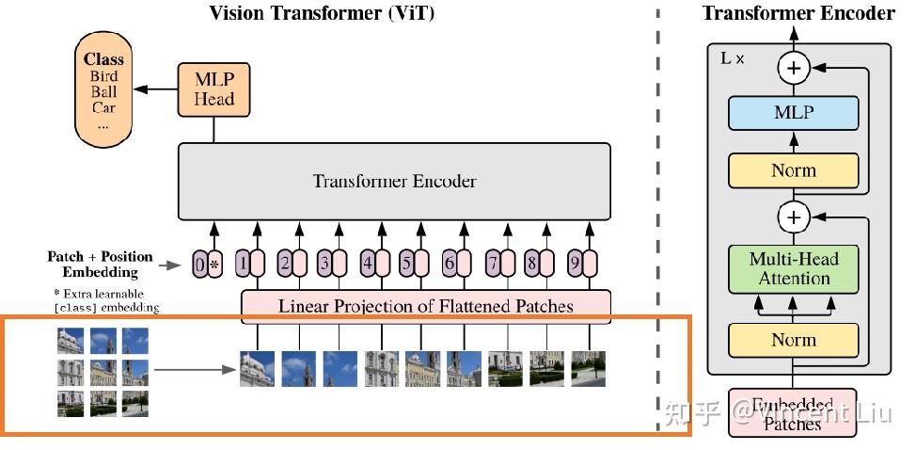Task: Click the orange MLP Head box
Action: (x=213, y=89)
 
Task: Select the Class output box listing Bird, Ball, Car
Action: (x=103, y=91)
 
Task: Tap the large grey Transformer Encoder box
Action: (x=394, y=181)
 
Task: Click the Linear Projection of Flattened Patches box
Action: (x=426, y=306)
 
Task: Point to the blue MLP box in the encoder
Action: (x=794, y=113)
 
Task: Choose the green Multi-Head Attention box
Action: (x=794, y=268)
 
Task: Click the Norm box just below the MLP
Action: (x=794, y=170)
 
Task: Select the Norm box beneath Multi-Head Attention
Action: (x=794, y=340)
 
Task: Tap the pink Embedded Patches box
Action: (x=793, y=413)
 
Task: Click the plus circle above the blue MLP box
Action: (x=794, y=68)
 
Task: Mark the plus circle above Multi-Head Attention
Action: (x=794, y=218)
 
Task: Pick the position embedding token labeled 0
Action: (x=199, y=265)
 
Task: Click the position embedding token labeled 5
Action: (x=406, y=265)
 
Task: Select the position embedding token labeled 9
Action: (x=575, y=265)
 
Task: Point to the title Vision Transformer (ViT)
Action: (x=322, y=12)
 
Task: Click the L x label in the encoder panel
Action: (x=733, y=58)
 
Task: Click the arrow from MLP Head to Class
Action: (x=155, y=89)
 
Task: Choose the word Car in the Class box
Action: (x=103, y=107)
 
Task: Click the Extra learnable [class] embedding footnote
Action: (x=106, y=300)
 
